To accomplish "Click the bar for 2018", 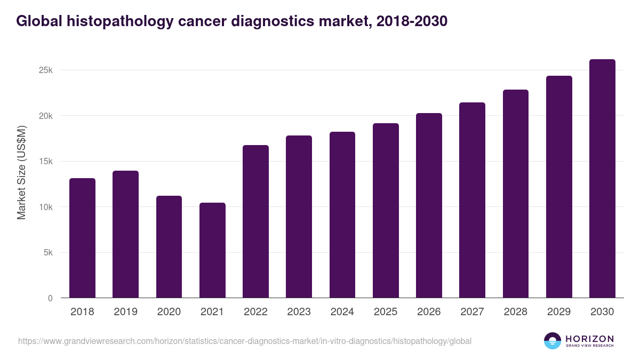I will tap(82, 238).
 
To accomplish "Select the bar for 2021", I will tap(212, 250).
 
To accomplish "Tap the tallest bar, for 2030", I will tap(602, 179).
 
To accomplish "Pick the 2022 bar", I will tap(255, 221).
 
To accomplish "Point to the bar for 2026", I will tap(429, 205).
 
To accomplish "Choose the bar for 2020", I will tap(169, 247).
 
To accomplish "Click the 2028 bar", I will tap(516, 194).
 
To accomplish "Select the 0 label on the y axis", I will tap(51, 298).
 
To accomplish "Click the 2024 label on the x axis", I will tap(342, 312).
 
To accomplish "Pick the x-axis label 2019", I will tap(125, 312).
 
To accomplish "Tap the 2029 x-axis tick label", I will tap(559, 312).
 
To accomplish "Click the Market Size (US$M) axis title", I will tap(21, 172).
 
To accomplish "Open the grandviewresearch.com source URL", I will tap(245, 341).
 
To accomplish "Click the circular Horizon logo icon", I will tap(553, 341).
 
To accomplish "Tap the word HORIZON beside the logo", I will tap(590, 338).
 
